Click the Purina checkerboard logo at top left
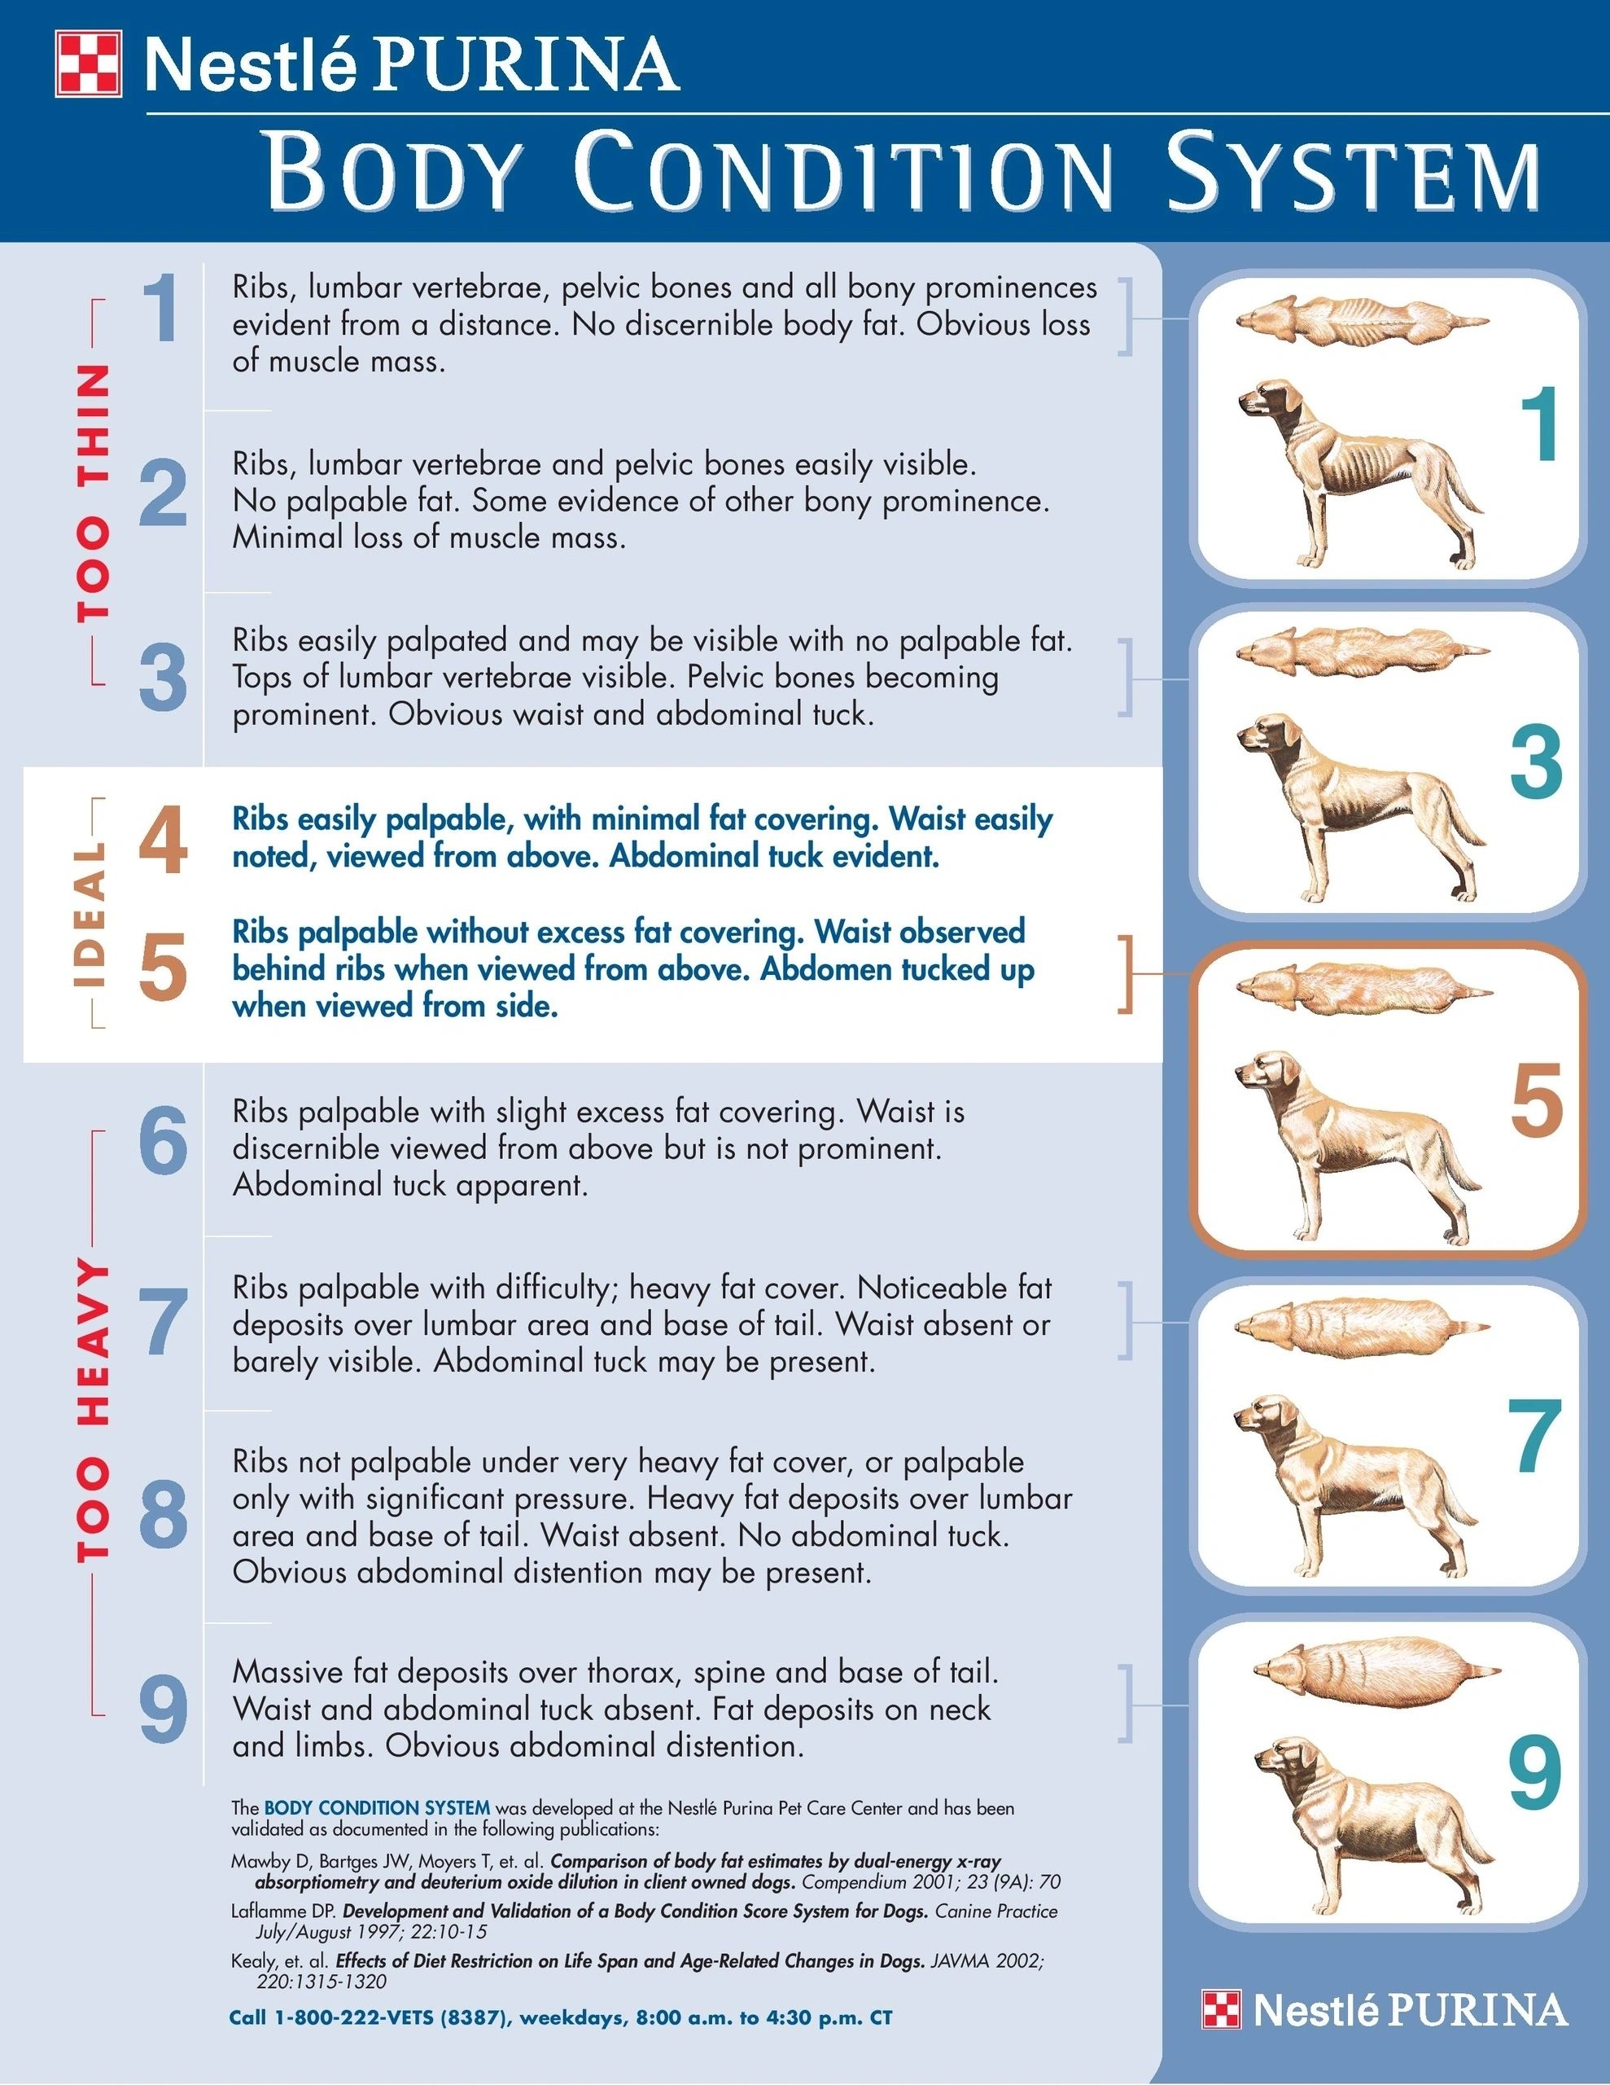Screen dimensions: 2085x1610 click(89, 64)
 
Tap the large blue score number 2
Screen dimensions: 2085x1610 click(163, 494)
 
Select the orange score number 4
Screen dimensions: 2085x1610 click(163, 841)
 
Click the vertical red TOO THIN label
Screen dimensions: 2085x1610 click(93, 493)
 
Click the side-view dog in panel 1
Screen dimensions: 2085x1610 click(1355, 467)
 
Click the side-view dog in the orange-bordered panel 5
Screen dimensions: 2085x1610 click(1355, 1136)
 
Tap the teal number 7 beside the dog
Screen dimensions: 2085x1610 click(1534, 1436)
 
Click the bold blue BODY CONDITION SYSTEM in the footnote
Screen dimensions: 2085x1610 click(376, 1807)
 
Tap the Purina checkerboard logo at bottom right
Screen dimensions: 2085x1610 click(1222, 2008)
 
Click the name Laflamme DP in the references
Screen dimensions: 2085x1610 click(283, 1912)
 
